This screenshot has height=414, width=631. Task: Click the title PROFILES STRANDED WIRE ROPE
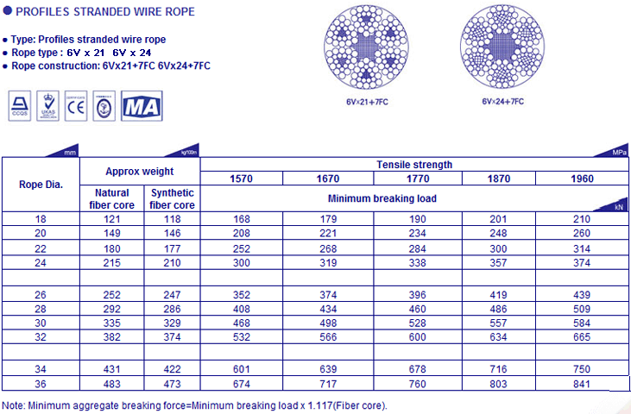102,11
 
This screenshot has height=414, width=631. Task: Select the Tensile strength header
414,165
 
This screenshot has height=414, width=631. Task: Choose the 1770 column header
418,179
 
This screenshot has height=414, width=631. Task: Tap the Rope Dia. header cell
41,184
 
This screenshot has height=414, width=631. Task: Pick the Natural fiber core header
112,198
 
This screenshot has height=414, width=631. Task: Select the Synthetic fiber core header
172,198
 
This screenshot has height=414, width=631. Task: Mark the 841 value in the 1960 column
582,383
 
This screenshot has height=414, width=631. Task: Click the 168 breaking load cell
243,219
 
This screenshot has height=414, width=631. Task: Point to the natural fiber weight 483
112,383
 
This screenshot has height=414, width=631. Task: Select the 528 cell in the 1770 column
418,321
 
